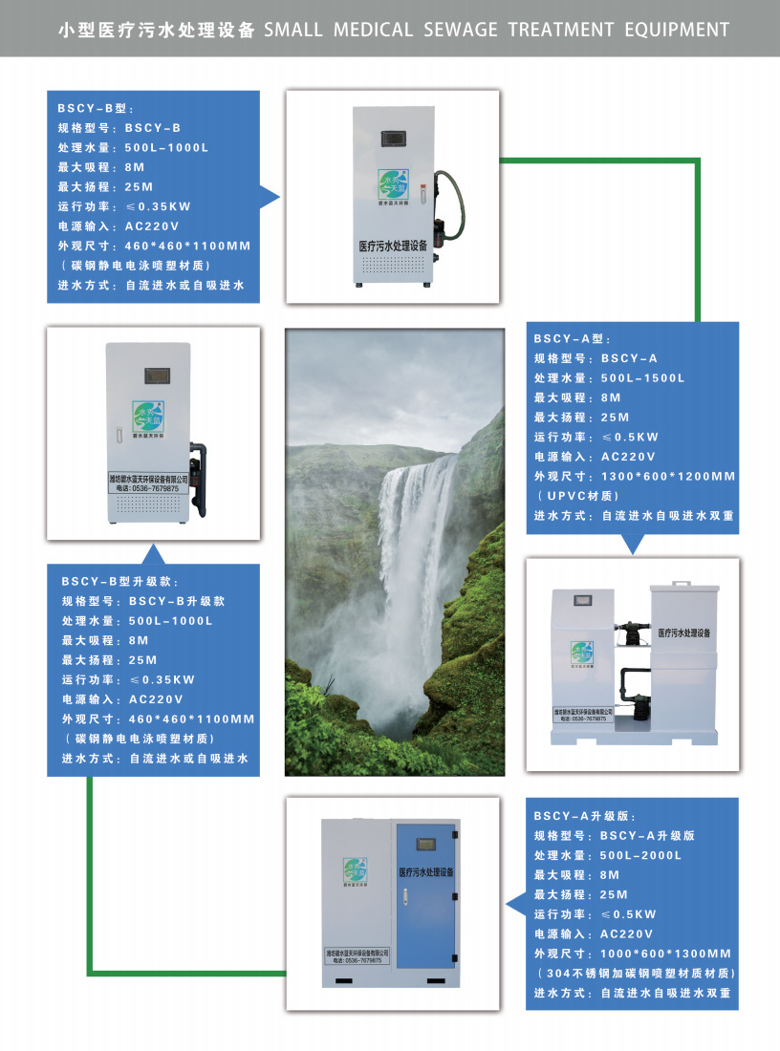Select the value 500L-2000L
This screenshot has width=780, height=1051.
pos(641,855)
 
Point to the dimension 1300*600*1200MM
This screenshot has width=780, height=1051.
pos(668,476)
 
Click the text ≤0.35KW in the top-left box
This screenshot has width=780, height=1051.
pos(159,205)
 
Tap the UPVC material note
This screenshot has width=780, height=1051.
pos(582,496)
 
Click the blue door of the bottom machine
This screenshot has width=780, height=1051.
pos(426,903)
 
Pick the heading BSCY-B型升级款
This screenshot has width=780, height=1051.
pos(119,581)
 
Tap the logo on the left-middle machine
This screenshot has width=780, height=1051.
pos(150,418)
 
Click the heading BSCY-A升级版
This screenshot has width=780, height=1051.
pos(581,815)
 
